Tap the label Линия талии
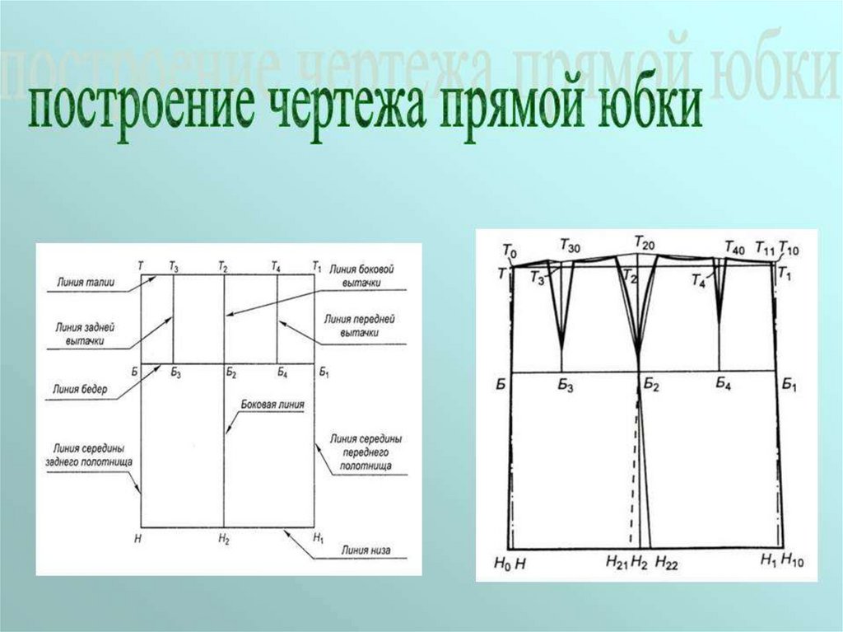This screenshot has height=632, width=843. point(85,283)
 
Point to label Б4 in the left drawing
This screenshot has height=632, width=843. point(282,374)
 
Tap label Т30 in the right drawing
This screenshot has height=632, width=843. point(569,244)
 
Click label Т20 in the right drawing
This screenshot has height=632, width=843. point(644,241)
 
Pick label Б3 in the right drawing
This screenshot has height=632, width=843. point(563,385)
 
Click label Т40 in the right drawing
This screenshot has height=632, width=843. point(734,246)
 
